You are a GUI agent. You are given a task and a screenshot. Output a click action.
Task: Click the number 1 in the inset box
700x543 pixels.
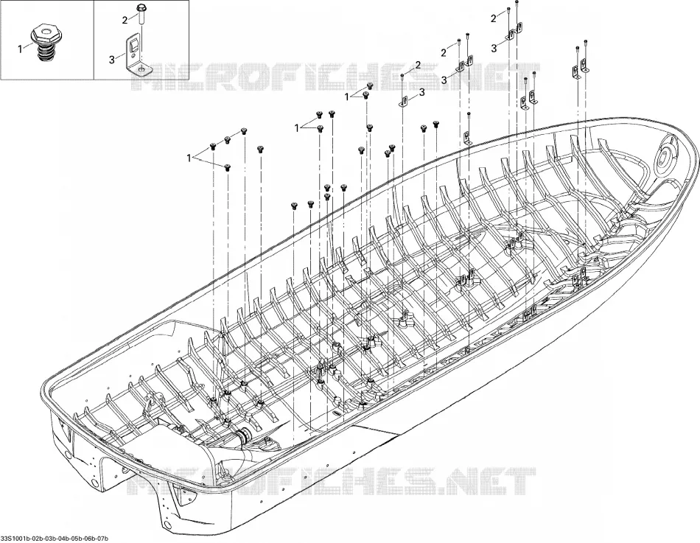click(20, 49)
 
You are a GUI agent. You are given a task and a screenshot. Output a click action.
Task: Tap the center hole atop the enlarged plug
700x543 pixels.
click(45, 30)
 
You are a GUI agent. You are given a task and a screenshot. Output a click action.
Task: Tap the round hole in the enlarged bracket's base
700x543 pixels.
click(141, 69)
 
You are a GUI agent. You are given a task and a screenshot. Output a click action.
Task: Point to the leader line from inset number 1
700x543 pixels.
click(28, 46)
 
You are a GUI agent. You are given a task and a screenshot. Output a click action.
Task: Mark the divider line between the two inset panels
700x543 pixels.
click(94, 40)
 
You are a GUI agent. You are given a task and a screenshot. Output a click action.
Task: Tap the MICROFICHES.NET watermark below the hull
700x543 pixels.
click(329, 480)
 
